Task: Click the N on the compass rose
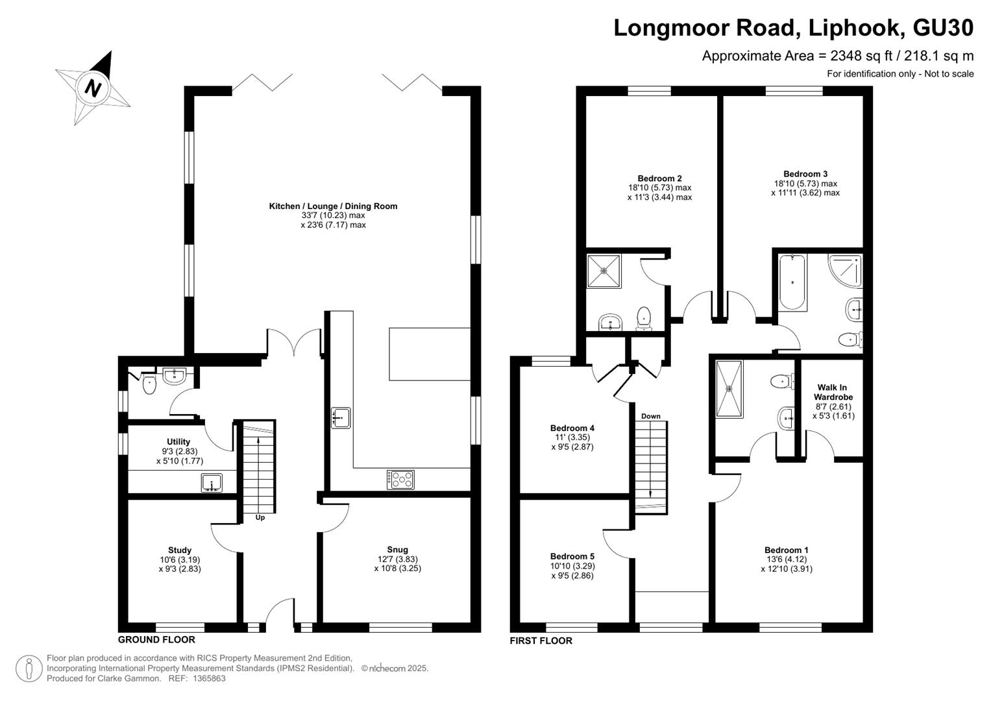93,88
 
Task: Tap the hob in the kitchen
400,479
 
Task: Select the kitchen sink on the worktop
341,418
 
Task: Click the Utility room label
178,441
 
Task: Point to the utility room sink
212,483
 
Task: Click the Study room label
180,550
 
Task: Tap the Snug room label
397,550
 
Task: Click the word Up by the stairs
260,517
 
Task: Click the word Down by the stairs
651,416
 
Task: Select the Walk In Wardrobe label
833,392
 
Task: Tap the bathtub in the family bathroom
792,282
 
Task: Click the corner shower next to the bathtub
845,271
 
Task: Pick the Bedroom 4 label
572,428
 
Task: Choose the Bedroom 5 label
572,556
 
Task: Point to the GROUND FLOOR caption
156,639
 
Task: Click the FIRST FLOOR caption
541,641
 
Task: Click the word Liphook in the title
855,28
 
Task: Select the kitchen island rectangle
430,354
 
